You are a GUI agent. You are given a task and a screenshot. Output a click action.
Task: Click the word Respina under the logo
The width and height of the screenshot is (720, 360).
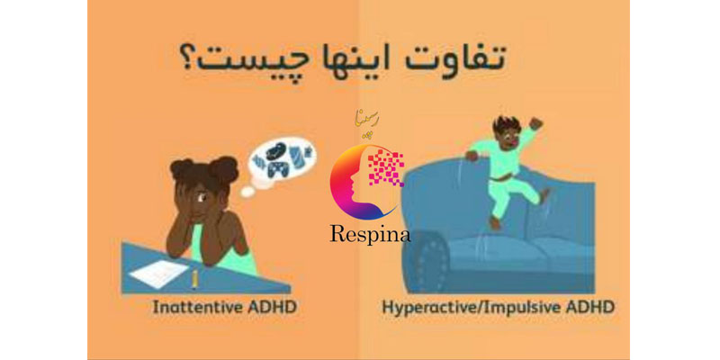click(370, 235)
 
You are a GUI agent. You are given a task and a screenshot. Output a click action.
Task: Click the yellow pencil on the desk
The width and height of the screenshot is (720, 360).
click(194, 279)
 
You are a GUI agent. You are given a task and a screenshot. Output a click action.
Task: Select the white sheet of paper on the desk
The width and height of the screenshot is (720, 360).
click(157, 274)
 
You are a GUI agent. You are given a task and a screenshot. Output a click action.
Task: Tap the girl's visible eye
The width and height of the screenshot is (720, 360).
click(201, 199)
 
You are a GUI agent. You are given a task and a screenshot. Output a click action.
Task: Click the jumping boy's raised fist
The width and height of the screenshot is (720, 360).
click(535, 122)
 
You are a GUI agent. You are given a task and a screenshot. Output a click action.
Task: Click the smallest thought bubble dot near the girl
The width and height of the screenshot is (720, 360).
click(247, 192)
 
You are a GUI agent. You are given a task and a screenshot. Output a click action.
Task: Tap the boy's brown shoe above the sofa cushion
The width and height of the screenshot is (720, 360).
click(493, 223)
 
